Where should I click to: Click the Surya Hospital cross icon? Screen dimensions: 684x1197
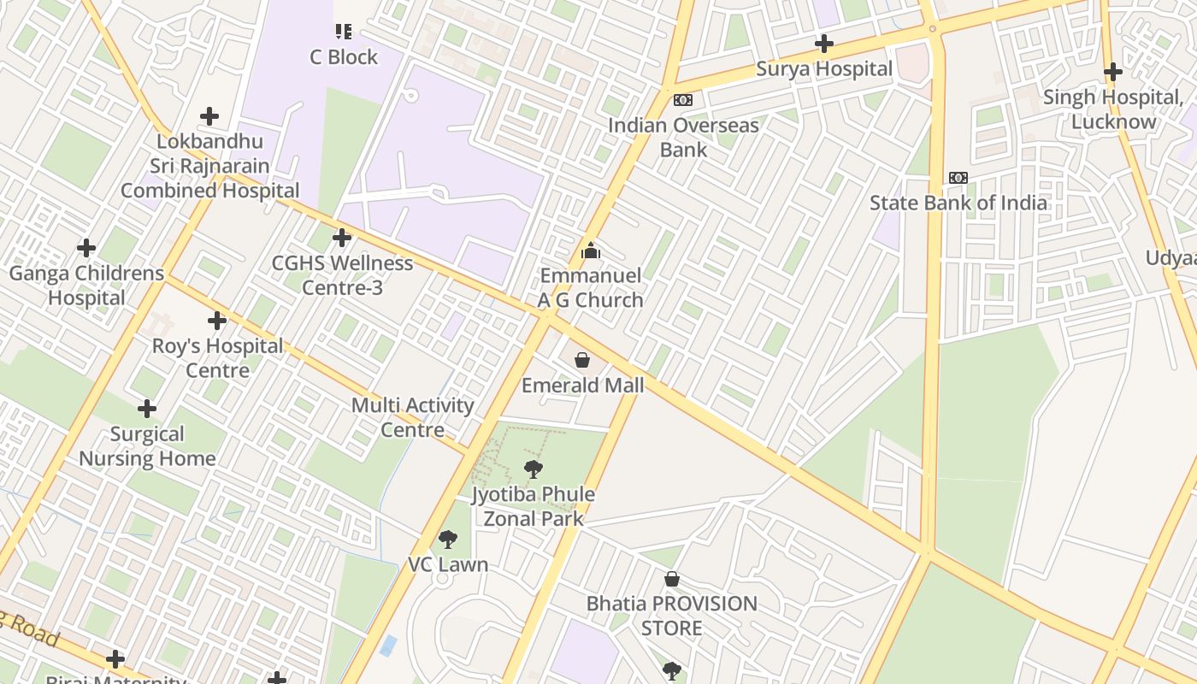coord(824,44)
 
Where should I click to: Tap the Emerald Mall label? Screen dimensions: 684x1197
coord(582,386)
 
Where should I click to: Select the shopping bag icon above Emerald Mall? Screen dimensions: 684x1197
coord(582,360)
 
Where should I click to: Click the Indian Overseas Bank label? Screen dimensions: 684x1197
coord(683,138)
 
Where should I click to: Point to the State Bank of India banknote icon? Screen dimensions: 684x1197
coord(958,178)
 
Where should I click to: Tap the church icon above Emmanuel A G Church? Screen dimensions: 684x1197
coord(590,251)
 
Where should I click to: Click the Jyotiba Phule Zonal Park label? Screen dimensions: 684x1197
coord(534,506)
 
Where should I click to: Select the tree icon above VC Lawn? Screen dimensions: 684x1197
coord(447,540)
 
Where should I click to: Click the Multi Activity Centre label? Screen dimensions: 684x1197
coord(413,417)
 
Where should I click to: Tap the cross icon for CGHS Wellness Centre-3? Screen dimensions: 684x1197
coord(342,238)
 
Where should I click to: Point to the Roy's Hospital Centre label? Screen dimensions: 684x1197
coord(217,358)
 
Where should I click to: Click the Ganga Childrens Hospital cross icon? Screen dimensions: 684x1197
coord(86,248)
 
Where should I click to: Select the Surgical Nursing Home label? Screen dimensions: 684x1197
coord(147,446)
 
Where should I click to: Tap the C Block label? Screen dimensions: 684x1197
coord(344,57)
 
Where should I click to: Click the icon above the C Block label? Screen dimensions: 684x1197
coord(344,32)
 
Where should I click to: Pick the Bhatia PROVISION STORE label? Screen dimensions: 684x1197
coord(672,616)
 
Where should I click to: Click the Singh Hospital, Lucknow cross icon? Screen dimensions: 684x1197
coord(1112,72)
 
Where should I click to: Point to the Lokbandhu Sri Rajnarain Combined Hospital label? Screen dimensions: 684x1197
coord(210,166)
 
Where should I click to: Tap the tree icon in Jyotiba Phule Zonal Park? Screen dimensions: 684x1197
coord(534,469)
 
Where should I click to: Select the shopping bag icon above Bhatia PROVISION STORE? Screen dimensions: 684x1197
coord(672,580)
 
